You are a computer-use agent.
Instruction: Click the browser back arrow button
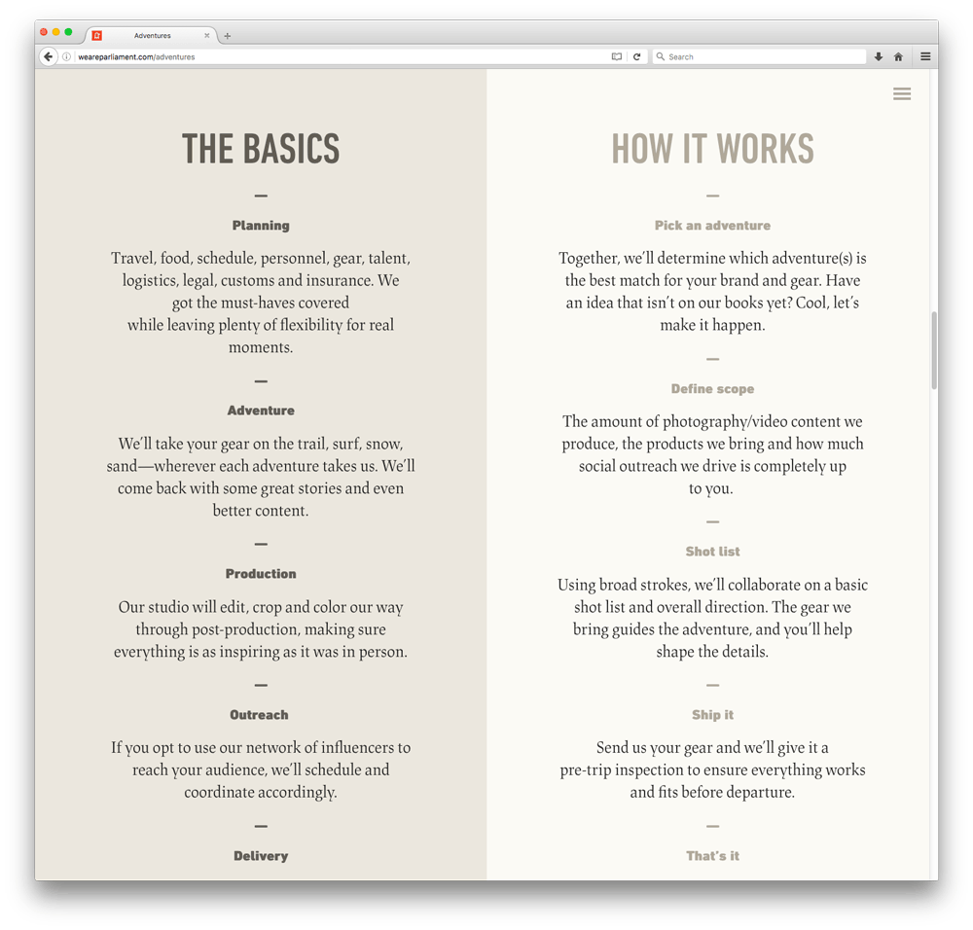(x=49, y=56)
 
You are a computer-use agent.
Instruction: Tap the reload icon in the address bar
(x=636, y=56)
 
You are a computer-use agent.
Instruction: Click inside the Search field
(x=759, y=56)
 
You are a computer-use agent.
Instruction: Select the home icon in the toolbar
(x=898, y=56)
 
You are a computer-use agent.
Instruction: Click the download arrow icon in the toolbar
(x=878, y=56)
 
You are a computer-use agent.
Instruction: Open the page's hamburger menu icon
(x=902, y=94)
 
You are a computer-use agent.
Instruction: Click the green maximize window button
(x=68, y=33)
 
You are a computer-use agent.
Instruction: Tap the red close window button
(x=44, y=33)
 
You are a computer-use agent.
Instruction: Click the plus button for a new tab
(x=228, y=36)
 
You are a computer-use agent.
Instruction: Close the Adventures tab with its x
(x=207, y=35)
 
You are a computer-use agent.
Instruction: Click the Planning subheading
(x=261, y=226)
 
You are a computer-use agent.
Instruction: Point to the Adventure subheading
(x=261, y=411)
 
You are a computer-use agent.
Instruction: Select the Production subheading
(x=261, y=574)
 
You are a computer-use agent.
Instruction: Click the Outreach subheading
(x=259, y=715)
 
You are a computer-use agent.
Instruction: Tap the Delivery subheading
(x=261, y=856)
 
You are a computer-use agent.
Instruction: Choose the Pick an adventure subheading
(x=712, y=226)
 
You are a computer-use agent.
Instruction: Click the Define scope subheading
(x=712, y=389)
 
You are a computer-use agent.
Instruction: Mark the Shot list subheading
(x=712, y=552)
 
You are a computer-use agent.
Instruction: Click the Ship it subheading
(x=712, y=715)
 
